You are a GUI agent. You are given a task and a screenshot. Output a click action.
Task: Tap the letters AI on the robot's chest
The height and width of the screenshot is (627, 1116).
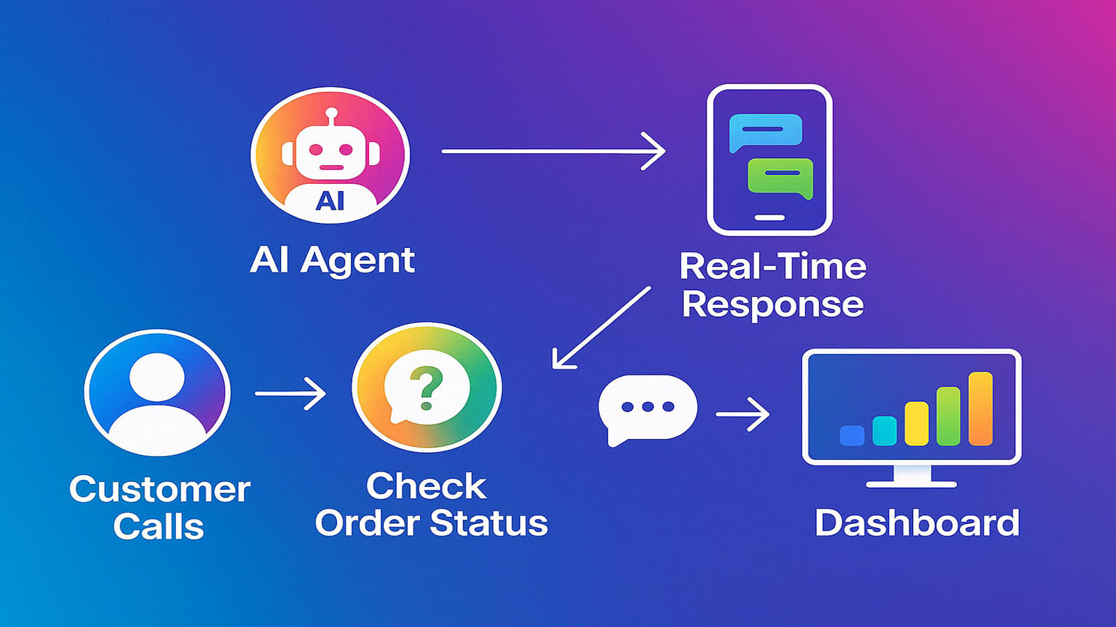(330, 201)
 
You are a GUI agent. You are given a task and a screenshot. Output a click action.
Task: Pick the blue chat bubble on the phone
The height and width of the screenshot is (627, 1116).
(765, 130)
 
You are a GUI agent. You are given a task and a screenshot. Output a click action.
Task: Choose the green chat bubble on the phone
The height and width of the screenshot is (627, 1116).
(781, 176)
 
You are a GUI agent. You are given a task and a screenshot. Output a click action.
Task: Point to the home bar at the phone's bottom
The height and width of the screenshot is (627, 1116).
(769, 217)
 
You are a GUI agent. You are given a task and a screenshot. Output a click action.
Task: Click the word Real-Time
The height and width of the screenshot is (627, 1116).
(773, 266)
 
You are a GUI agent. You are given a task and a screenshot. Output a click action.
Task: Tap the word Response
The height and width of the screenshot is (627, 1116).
(773, 304)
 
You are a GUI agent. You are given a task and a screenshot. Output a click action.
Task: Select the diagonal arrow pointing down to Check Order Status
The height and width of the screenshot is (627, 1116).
(601, 327)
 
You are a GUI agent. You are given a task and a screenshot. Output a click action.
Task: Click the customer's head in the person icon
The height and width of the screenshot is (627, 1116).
(157, 377)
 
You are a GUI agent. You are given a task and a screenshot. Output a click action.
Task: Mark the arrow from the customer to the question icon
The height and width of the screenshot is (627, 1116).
(290, 394)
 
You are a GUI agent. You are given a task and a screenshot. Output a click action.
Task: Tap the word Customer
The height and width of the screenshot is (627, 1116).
(160, 490)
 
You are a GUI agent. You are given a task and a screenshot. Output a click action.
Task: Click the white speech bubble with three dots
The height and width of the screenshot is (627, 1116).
(647, 408)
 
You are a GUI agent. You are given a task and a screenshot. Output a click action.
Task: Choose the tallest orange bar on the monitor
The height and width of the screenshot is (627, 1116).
(980, 409)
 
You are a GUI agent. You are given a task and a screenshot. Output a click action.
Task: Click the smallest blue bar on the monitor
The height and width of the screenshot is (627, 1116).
(852, 435)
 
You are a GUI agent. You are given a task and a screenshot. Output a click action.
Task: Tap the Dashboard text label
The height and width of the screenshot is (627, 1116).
(917, 523)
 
